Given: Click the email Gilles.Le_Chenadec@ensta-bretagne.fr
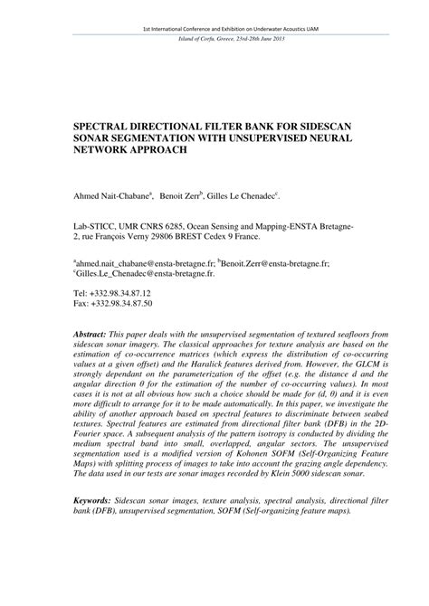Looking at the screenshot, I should pos(136,272).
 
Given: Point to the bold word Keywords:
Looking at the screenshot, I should pos(94,499).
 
